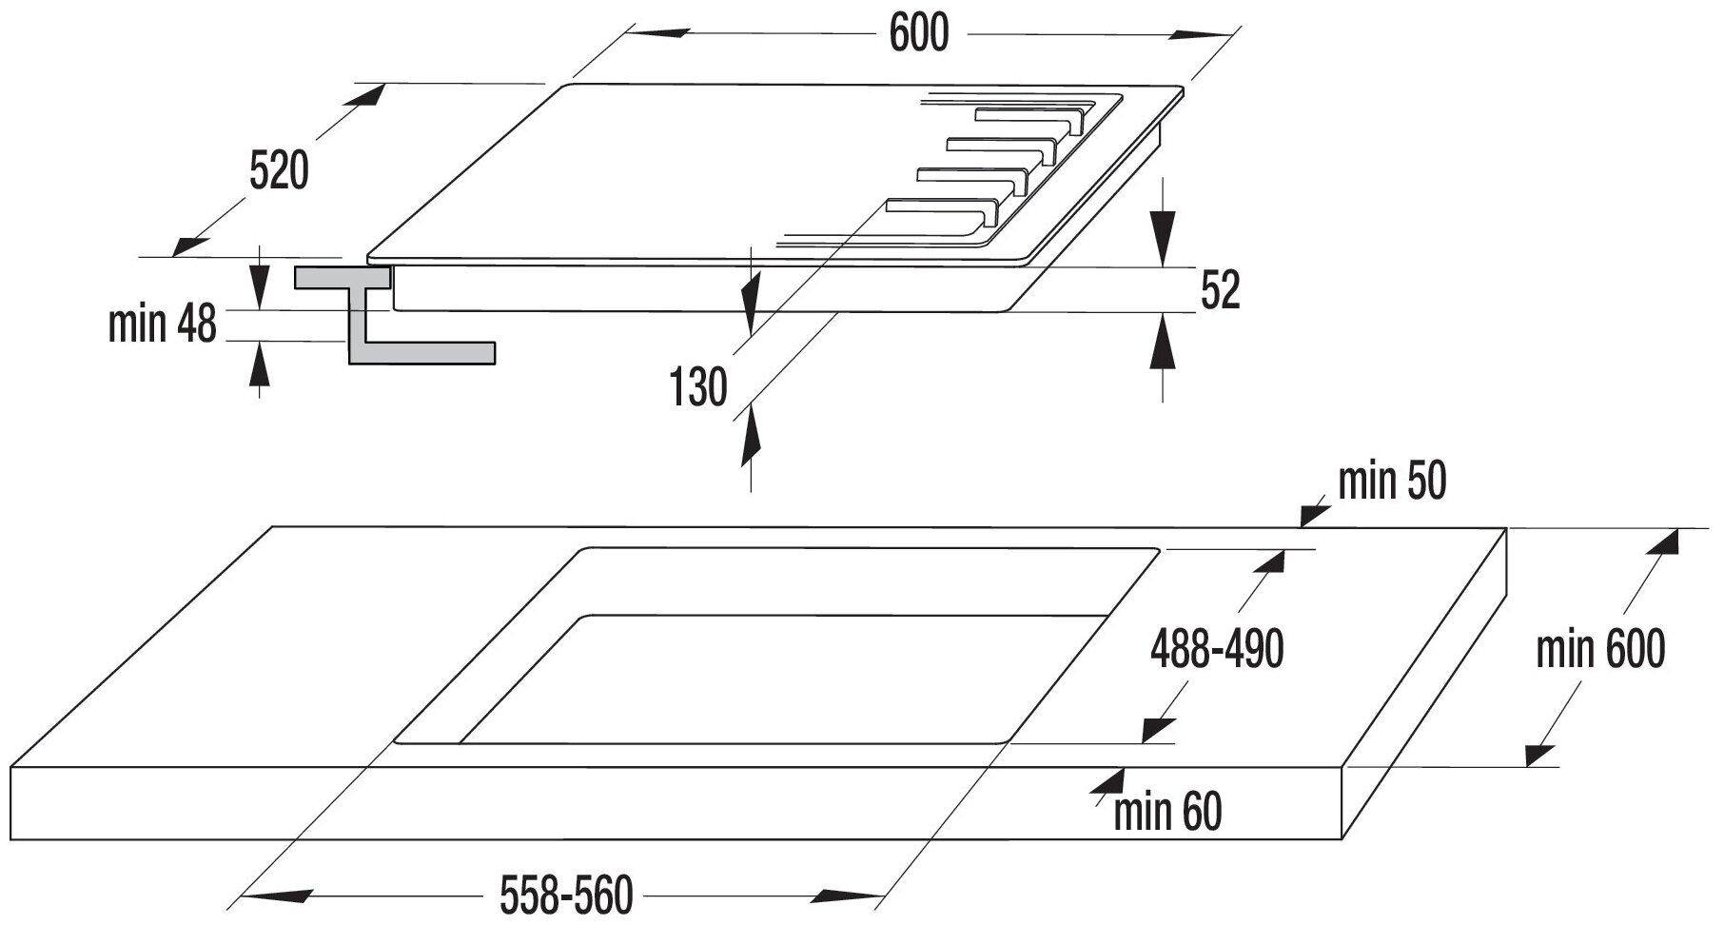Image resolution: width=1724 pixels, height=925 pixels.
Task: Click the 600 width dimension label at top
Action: (x=918, y=34)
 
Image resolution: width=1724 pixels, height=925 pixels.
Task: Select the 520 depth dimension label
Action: (x=279, y=171)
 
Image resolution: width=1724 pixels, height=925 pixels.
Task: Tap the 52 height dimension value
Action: (x=1220, y=290)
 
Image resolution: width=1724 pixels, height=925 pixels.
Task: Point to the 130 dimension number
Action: (x=698, y=387)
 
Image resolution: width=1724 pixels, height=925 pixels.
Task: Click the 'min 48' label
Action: (x=163, y=325)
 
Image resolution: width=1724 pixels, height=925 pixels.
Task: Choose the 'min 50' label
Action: (x=1391, y=482)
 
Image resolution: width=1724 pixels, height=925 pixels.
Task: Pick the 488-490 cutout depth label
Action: (x=1217, y=650)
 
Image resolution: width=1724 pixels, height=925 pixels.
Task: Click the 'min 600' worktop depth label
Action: (x=1600, y=650)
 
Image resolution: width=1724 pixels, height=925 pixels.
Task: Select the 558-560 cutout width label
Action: (x=565, y=895)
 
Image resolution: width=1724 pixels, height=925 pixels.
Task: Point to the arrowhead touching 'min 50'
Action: (x=1315, y=514)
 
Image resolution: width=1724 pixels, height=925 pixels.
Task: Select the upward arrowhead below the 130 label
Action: (x=751, y=433)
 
